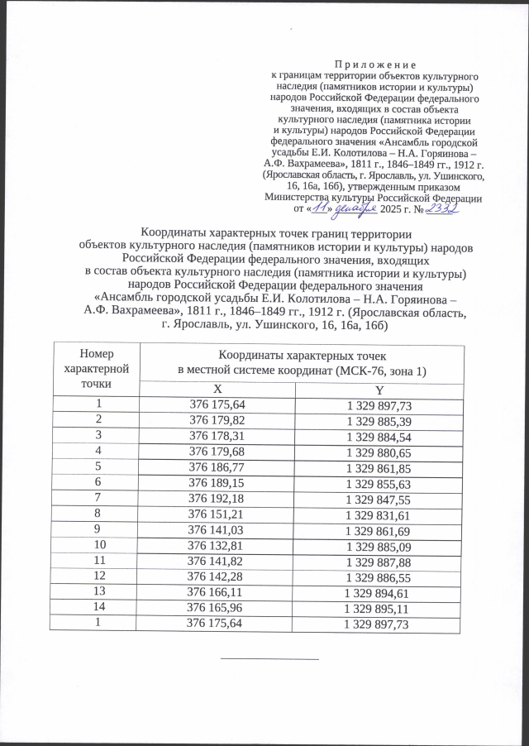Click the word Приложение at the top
coord(376,64)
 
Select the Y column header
coord(379,390)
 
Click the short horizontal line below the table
coord(269,659)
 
